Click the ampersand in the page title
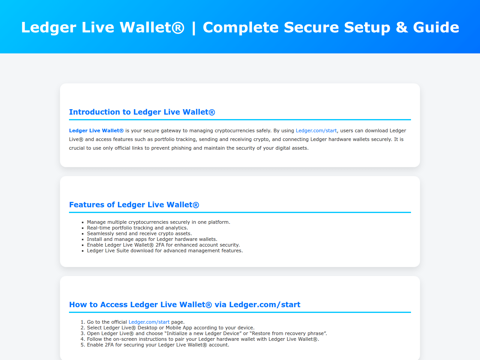[402, 27]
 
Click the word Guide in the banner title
[436, 27]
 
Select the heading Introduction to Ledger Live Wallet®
[142, 112]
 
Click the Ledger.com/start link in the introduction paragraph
[316, 130]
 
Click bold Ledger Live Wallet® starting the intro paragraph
[96, 130]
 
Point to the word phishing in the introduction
[181, 148]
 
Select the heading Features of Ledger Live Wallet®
[134, 205]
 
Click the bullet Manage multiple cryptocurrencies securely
[158, 222]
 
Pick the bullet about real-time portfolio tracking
[137, 228]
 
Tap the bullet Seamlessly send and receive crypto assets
[139, 233]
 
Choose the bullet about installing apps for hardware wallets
[152, 239]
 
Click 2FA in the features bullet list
[160, 245]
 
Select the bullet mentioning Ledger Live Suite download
[165, 250]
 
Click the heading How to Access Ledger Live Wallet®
[184, 304]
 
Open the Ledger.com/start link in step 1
[149, 322]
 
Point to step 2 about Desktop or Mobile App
[170, 328]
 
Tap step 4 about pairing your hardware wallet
[203, 339]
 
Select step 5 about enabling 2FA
[158, 345]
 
